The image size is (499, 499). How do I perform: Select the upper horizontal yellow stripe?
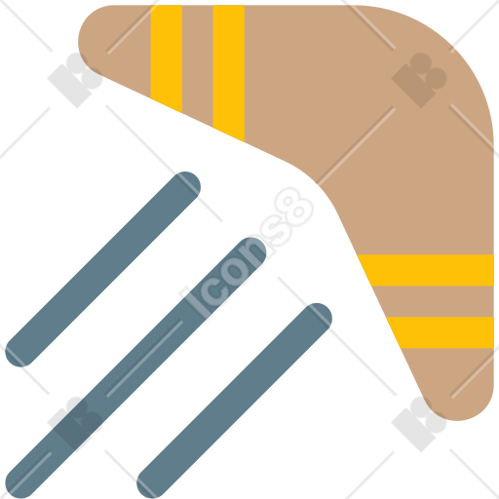pos(427,270)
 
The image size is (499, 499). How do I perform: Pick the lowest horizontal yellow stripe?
pos(441,332)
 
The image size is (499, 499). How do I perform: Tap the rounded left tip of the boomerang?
pos(85,42)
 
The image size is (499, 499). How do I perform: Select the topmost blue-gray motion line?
pos(102,269)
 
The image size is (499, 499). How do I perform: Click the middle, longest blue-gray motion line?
pos(135,368)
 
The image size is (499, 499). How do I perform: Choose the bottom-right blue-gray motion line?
pos(234,401)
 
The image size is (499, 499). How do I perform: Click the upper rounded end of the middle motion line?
pos(250,252)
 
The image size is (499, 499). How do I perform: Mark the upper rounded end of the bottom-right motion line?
pos(317,319)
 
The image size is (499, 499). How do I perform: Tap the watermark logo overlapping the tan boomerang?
pos(419,80)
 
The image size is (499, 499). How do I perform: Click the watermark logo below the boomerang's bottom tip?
pos(419,424)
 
